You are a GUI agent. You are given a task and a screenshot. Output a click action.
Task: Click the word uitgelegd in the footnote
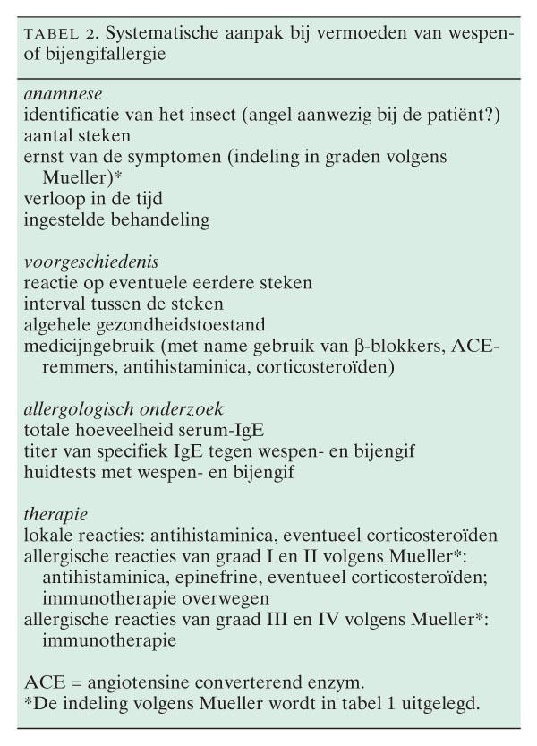click(441, 703)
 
